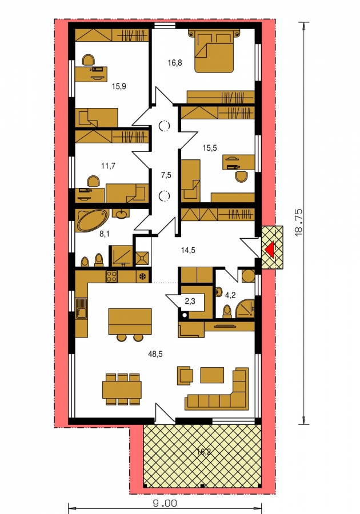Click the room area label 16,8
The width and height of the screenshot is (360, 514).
pos(175,63)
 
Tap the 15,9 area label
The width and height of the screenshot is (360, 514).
pos(119,87)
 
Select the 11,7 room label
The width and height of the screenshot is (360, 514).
pos(108,166)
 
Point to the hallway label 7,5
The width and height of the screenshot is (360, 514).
pos(166,175)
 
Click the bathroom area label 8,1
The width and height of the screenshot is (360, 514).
pos(85,234)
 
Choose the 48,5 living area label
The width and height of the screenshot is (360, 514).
pos(155,354)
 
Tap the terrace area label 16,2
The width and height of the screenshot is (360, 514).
pos(203,452)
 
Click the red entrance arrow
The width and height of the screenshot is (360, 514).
pos(270,249)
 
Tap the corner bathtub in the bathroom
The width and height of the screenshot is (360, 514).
pos(92,221)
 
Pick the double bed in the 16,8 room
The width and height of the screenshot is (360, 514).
pos(215,50)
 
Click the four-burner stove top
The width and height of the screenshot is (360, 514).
pos(111,276)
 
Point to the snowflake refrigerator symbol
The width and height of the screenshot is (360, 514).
pos(143,276)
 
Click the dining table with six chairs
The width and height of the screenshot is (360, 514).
pos(122,389)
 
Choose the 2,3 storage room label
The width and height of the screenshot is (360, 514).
pos(190,301)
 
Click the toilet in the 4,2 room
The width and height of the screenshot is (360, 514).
pos(227,311)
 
